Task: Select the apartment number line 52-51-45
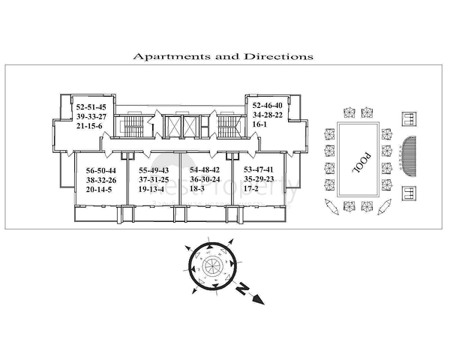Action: (x=91, y=106)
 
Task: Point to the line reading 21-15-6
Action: (x=88, y=126)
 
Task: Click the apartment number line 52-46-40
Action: (x=267, y=106)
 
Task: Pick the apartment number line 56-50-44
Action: (x=101, y=170)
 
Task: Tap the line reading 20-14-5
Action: (x=100, y=190)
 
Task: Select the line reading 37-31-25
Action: (x=154, y=180)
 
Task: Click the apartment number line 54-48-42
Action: (x=205, y=170)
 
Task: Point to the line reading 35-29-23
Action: (x=258, y=180)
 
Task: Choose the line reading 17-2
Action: (x=251, y=190)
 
